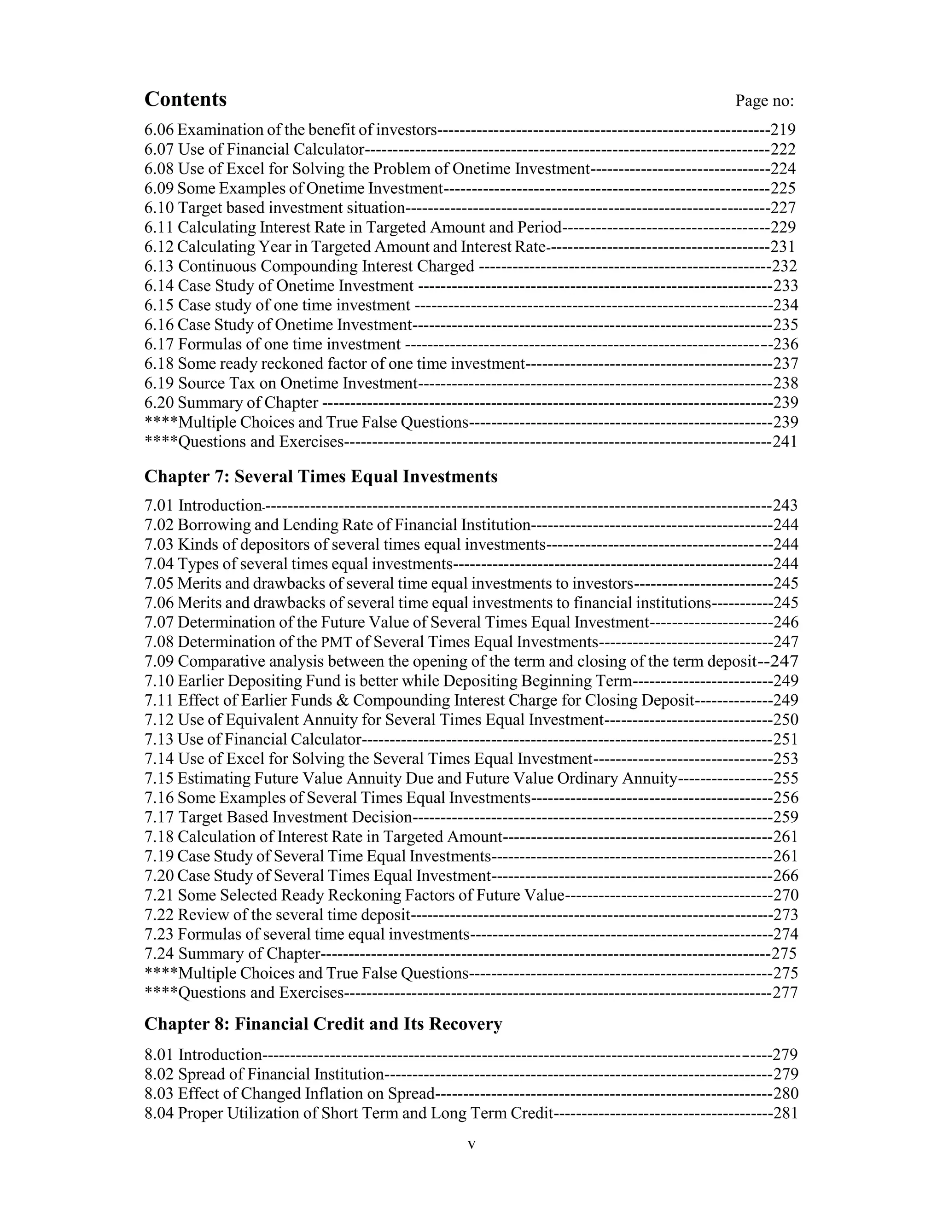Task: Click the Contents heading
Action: click(x=186, y=99)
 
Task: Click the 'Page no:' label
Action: click(x=764, y=101)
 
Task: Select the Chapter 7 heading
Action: click(x=320, y=476)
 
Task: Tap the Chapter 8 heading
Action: click(x=323, y=1024)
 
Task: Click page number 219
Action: click(x=783, y=130)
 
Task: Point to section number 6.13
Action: click(x=159, y=267)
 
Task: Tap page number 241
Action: click(x=785, y=442)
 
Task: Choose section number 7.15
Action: click(x=159, y=778)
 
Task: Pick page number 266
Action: click(x=786, y=876)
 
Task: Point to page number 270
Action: click(x=786, y=895)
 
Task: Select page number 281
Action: click(x=786, y=1113)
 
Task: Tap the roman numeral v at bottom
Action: click(x=471, y=1144)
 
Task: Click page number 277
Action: click(x=786, y=993)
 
